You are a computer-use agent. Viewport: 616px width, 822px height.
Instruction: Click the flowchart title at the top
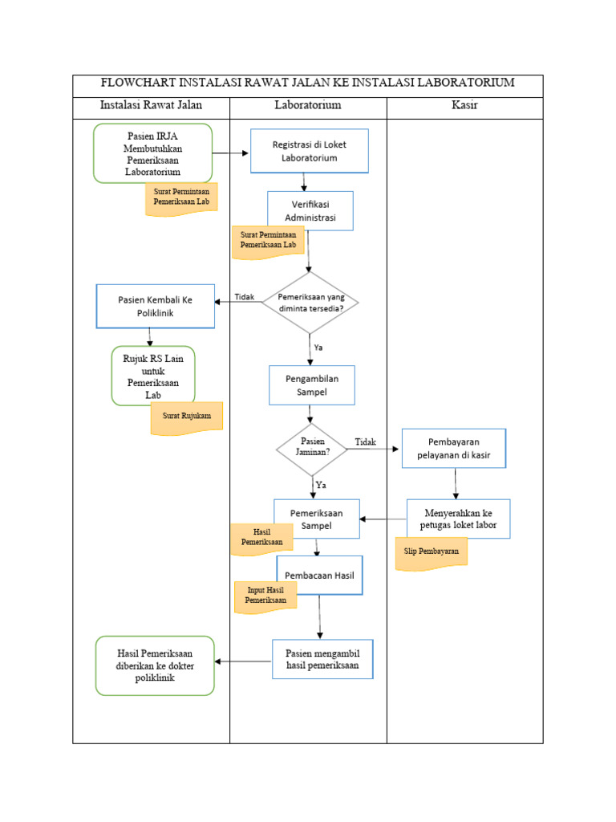[307, 83]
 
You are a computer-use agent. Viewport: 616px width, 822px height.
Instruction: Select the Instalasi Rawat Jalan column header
[151, 105]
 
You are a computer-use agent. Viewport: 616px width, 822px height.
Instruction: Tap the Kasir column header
[464, 105]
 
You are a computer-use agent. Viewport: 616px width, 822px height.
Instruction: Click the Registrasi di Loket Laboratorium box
[309, 151]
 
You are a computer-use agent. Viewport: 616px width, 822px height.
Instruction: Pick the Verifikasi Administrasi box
[310, 211]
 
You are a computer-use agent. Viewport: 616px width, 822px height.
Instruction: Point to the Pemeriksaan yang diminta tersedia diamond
[310, 302]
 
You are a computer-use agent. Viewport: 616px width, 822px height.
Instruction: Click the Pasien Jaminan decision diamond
[312, 447]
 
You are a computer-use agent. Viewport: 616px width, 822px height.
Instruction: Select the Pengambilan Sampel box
[311, 385]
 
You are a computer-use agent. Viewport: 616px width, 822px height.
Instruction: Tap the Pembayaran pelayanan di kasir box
[453, 449]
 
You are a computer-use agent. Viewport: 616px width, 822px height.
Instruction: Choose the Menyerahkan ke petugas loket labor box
[458, 519]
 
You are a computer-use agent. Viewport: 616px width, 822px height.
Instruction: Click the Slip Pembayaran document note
[432, 554]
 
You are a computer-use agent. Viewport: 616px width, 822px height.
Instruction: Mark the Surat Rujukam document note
[186, 417]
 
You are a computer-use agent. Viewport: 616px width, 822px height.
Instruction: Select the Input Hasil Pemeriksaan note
[265, 595]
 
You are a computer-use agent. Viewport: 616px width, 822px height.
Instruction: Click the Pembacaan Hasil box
[320, 575]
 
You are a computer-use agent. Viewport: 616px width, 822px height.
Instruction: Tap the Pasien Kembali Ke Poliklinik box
[156, 306]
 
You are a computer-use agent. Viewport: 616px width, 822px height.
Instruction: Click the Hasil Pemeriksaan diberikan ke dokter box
[155, 665]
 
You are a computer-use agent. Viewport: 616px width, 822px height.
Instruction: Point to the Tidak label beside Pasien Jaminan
[365, 442]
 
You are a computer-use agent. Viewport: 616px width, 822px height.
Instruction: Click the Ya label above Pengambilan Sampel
[318, 348]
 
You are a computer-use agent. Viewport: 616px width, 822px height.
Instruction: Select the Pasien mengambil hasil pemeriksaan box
[322, 659]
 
